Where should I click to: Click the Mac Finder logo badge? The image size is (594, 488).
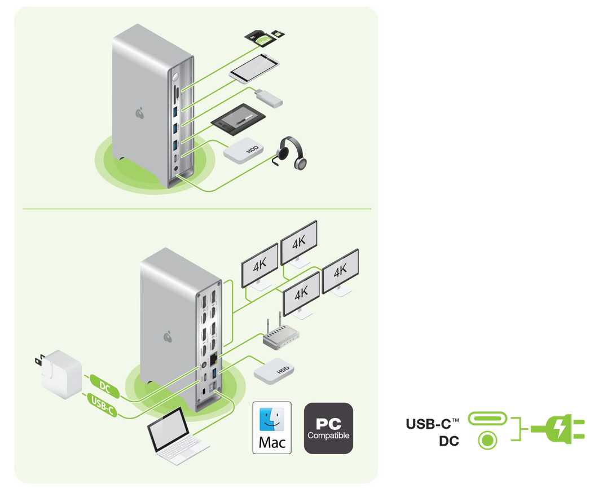pos(272,428)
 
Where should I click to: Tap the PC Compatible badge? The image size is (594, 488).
pos(328,428)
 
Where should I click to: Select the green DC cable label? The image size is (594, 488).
pos(105,386)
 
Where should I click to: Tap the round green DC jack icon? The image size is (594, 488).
pos(487,440)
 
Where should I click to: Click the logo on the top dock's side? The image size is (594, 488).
pos(140,114)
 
